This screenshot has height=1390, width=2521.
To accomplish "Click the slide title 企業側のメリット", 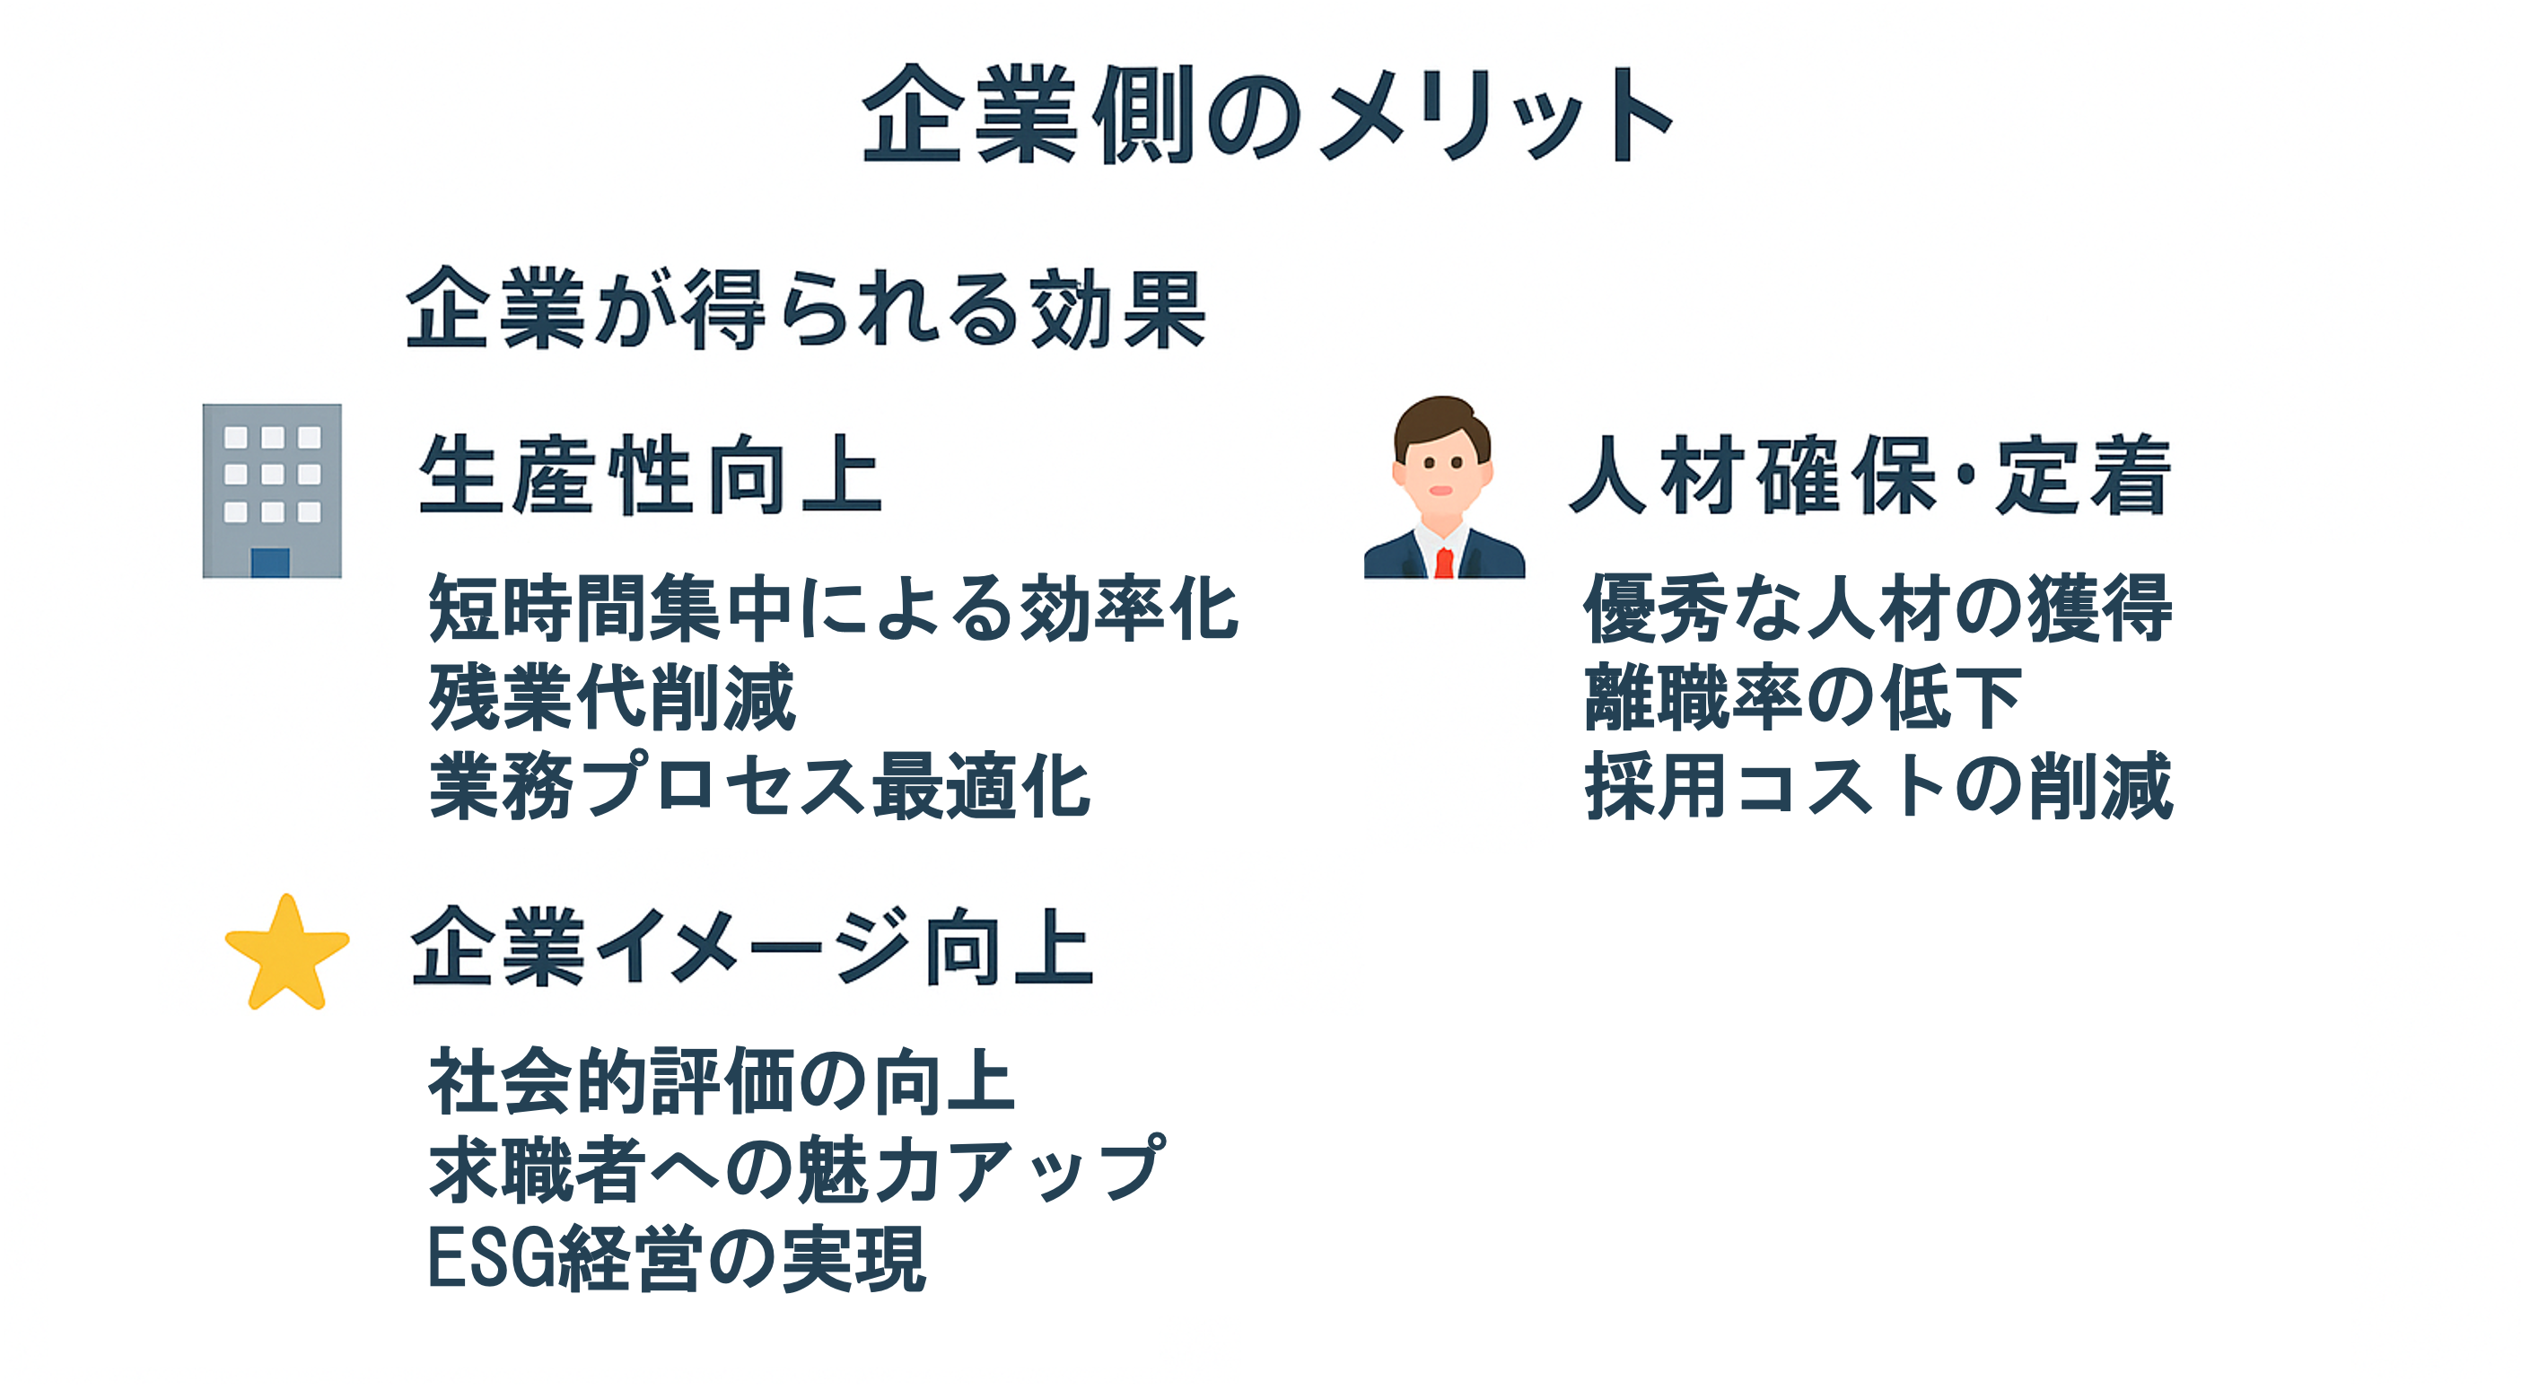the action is [1268, 116].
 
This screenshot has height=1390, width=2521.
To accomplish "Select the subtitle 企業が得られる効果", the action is [805, 309].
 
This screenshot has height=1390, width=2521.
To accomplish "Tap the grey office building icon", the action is [272, 491].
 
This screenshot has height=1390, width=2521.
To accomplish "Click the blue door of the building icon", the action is [270, 563].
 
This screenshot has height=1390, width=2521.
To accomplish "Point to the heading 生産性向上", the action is [651, 475].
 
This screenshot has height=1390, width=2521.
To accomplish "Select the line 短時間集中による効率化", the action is [834, 608].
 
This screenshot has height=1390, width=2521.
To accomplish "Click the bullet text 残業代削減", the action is [613, 696].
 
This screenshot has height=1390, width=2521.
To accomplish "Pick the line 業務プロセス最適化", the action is [759, 785].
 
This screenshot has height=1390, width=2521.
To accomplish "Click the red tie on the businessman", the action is [1443, 564].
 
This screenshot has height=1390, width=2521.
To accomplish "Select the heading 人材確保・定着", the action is [1869, 475].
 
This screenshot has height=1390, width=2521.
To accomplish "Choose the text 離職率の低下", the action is [1803, 696].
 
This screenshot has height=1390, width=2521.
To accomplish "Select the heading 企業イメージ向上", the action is [751, 946].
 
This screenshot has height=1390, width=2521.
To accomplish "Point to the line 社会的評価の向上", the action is [722, 1081].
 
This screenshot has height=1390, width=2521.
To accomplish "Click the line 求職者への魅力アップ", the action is [797, 1169].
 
